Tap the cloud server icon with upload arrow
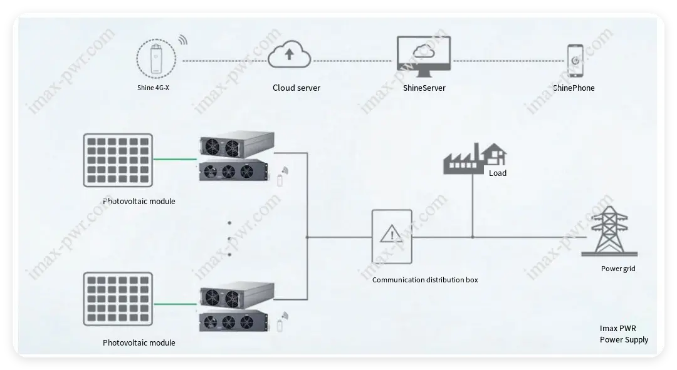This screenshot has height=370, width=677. (289, 54)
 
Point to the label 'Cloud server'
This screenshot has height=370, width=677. (296, 88)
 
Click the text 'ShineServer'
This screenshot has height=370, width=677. (424, 88)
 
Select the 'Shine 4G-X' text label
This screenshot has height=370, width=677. (153, 88)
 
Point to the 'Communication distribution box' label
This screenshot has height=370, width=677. (425, 280)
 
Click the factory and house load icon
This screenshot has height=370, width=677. (475, 158)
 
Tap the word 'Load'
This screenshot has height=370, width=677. (498, 173)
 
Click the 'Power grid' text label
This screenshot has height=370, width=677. (617, 269)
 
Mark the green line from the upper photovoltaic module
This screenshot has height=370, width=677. (175, 159)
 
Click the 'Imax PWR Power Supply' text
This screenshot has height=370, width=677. (623, 334)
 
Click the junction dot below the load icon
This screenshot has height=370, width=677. (472, 237)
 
